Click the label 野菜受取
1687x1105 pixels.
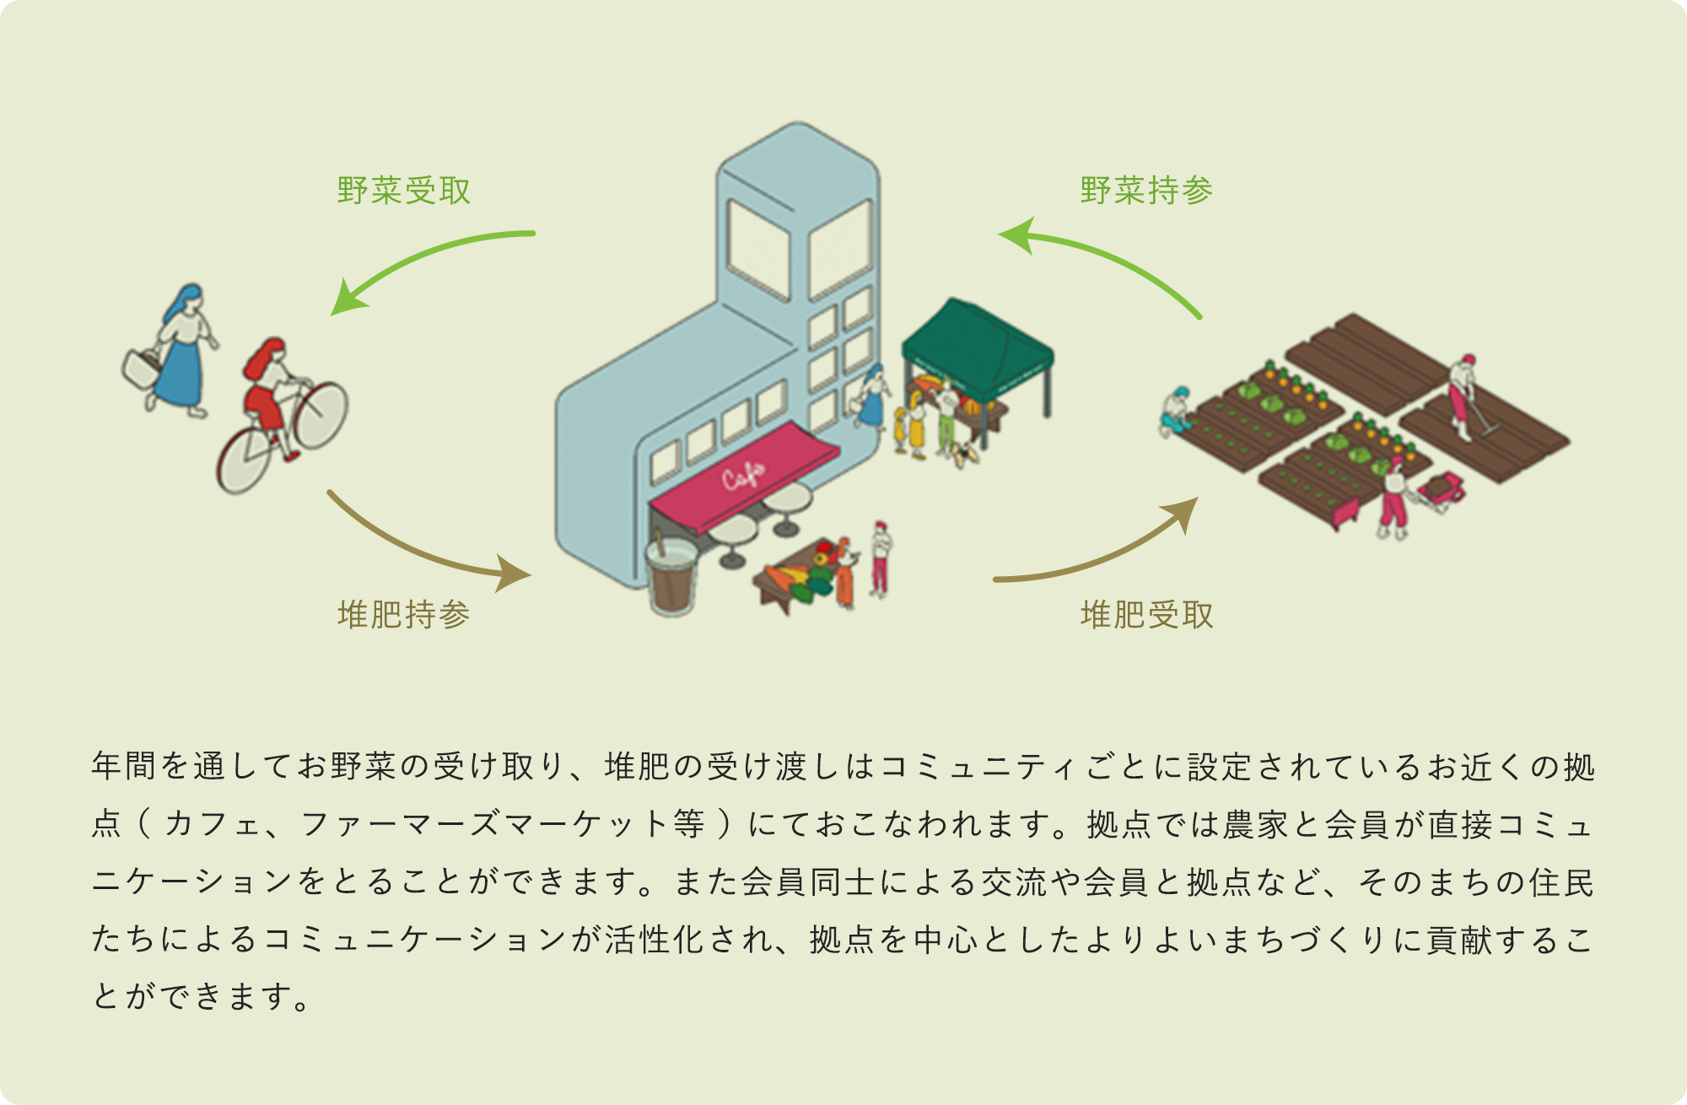pos(403,191)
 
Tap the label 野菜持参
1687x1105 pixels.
pos(1146,191)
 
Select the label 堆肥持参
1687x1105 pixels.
pos(403,614)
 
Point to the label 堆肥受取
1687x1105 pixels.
pos(1146,614)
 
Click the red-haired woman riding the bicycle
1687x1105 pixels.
pos(268,388)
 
